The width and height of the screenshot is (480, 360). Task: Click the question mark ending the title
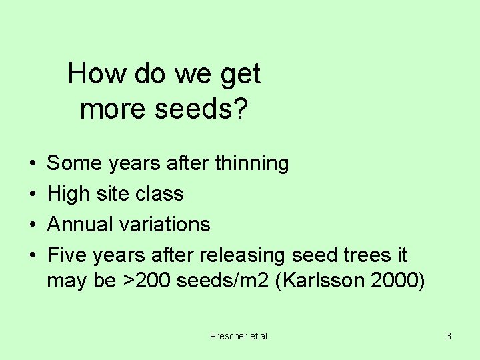(x=241, y=109)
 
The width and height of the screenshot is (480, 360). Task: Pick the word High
(x=69, y=194)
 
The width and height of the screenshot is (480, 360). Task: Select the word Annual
(x=79, y=224)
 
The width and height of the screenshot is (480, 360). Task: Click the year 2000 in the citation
(x=397, y=281)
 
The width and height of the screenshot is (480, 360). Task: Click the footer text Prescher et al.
(x=240, y=336)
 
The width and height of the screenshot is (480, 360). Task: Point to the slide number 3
(x=449, y=336)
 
